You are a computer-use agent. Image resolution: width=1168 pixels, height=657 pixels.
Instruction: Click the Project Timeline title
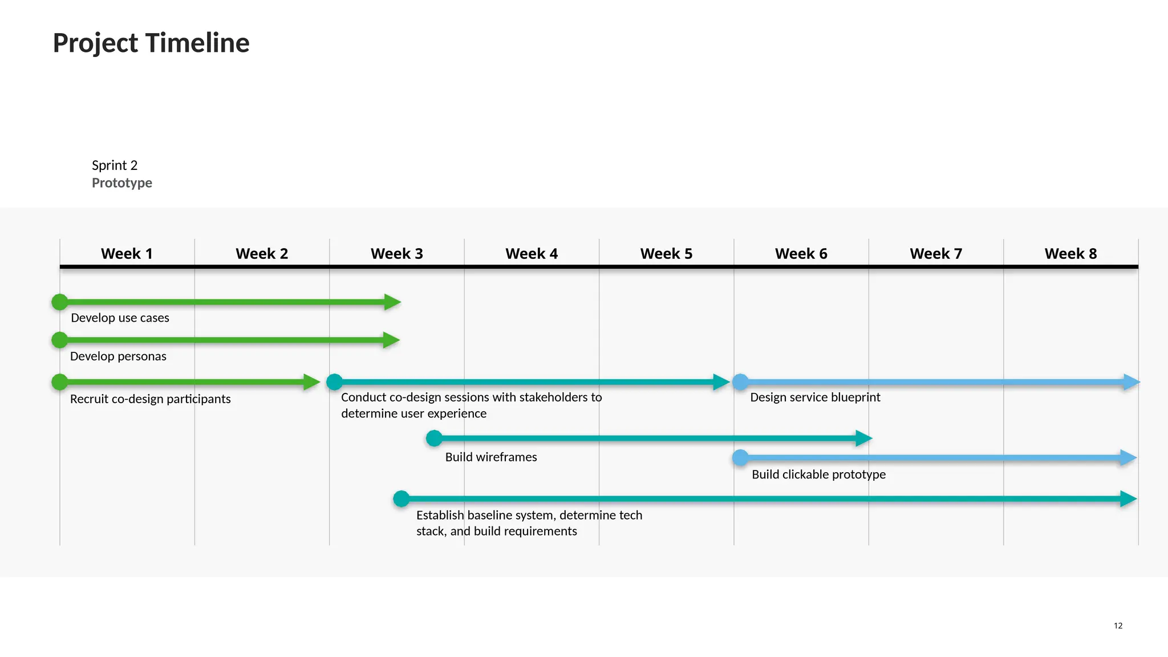pos(151,43)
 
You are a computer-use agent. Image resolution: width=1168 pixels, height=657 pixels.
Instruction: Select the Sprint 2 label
pos(115,165)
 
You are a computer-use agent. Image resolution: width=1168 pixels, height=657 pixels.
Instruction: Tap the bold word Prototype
pos(121,183)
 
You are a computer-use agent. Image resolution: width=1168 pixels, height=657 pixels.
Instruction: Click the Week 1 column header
pos(127,254)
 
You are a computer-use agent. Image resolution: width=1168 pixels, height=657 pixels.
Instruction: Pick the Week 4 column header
pos(531,254)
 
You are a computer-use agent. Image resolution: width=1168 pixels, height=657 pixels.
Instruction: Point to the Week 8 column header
pos(1070,254)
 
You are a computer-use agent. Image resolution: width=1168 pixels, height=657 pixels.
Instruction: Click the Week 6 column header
pos(801,254)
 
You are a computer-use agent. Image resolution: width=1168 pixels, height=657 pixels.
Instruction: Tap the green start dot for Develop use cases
pos(60,302)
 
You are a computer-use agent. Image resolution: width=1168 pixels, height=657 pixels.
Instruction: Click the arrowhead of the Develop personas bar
pos(391,340)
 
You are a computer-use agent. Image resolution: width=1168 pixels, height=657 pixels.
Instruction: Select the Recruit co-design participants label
pos(150,399)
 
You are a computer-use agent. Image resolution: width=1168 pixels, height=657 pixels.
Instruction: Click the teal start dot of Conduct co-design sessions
pos(335,382)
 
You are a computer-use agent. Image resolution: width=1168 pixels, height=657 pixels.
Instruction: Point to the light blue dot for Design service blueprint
pos(740,382)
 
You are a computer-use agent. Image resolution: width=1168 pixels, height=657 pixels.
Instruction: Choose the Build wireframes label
pos(490,457)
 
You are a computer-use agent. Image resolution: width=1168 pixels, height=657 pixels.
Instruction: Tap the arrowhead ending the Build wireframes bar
pos(863,439)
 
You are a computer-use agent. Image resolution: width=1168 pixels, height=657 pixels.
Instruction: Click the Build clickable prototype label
pos(818,474)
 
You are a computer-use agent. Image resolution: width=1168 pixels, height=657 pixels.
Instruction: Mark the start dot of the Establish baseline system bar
pos(401,499)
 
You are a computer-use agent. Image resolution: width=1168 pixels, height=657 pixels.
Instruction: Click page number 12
pos(1118,626)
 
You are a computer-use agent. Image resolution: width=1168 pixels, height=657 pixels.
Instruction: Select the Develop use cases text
pos(120,318)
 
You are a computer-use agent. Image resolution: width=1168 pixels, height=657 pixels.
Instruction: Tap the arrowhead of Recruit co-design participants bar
pos(311,382)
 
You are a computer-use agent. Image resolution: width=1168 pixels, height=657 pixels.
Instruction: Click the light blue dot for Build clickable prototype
pos(740,458)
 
